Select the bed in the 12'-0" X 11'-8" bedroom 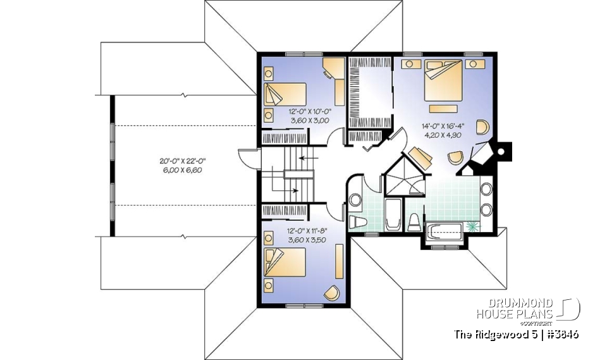pyautogui.click(x=285, y=263)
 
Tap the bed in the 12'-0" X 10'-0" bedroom pyautogui.click(x=285, y=97)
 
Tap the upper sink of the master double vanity pyautogui.click(x=486, y=189)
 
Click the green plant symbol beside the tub pyautogui.click(x=472, y=226)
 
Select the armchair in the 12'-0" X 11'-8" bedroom pyautogui.click(x=331, y=292)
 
